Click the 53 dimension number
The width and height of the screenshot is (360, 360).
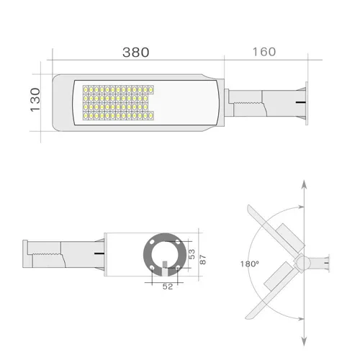(192, 254)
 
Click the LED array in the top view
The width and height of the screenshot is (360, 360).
(118, 103)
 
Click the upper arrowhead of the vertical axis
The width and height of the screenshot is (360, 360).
(304, 185)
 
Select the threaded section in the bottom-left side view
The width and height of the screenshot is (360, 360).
(47, 253)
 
